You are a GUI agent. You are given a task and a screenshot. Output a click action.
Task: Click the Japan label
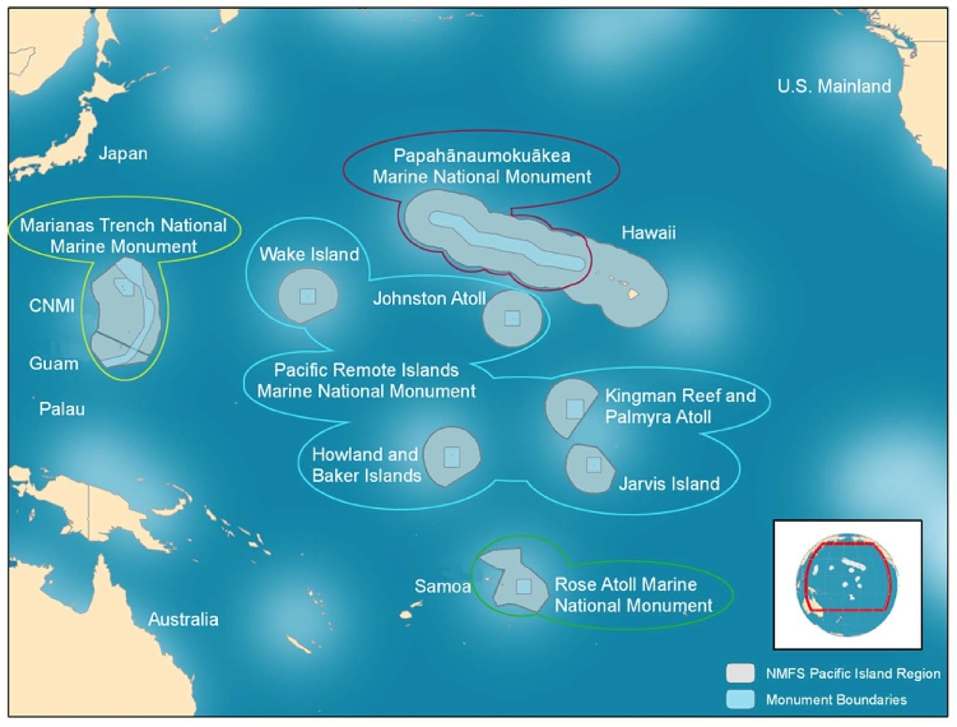[x=122, y=154]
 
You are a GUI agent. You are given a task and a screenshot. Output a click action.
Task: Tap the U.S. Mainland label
[x=834, y=86]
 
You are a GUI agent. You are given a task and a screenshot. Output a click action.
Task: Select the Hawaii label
[x=649, y=233]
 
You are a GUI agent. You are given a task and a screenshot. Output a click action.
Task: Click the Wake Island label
[x=309, y=254]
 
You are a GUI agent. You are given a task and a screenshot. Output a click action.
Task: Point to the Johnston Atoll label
[x=428, y=298]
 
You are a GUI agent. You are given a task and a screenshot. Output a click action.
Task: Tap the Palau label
[x=62, y=409]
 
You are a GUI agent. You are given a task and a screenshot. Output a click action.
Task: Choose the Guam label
[x=54, y=363]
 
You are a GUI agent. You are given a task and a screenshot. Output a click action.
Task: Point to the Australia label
[x=184, y=619]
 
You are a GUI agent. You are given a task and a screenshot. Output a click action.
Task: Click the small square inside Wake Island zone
[x=308, y=296]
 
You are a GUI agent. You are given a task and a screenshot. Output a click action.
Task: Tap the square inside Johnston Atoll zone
[x=513, y=318]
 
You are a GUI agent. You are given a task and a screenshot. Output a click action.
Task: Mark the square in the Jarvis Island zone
[x=594, y=465]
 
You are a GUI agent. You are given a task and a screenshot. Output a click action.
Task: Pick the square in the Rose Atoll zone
[x=523, y=586]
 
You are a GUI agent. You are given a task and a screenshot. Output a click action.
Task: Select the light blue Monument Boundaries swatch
[x=740, y=699]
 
